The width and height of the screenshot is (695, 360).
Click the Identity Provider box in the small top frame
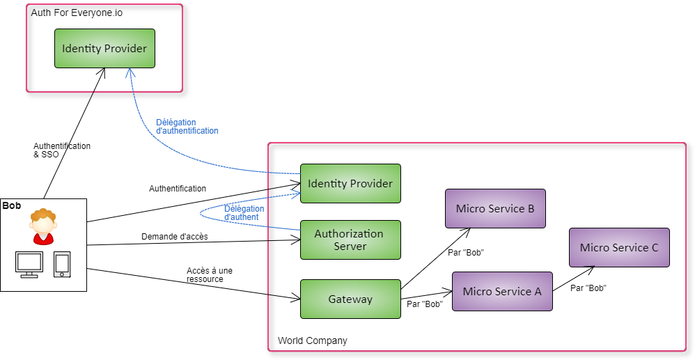tap(104, 48)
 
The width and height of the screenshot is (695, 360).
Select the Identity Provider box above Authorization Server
tap(350, 183)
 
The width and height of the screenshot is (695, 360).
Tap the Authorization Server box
tap(350, 240)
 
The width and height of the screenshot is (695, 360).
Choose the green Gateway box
tap(350, 299)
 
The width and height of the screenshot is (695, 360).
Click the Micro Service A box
tap(502, 291)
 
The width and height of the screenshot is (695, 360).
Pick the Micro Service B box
tap(495, 208)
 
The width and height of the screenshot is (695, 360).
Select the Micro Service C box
tap(619, 247)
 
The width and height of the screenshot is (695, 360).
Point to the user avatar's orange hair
tap(43, 214)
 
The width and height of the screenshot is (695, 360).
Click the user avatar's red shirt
tap(43, 238)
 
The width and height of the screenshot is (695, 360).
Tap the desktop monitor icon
tap(29, 262)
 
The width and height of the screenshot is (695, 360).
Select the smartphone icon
tap(62, 264)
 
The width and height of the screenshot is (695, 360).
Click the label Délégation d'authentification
tap(187, 126)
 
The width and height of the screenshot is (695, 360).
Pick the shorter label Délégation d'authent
tap(243, 212)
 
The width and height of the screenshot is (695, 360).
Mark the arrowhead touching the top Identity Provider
tap(130, 72)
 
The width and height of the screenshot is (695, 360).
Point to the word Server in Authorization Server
tap(350, 246)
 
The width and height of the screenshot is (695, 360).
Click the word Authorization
tap(349, 233)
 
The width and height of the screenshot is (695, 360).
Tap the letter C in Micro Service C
tap(654, 247)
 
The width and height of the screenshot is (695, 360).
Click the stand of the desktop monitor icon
tap(29, 274)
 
